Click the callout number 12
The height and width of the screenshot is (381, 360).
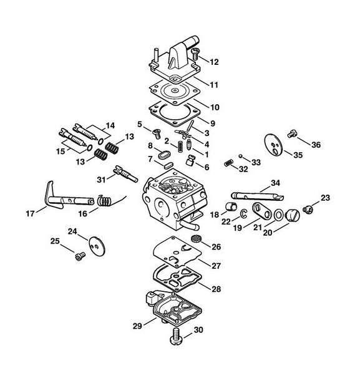(x=214, y=62)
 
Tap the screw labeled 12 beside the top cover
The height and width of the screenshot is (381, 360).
(x=195, y=54)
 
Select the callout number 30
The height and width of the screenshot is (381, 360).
(x=198, y=330)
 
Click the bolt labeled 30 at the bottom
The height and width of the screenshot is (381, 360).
(x=177, y=336)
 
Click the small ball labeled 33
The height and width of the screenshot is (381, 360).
(x=240, y=156)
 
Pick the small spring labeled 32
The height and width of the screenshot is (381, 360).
(x=229, y=163)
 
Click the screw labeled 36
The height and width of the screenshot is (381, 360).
(x=291, y=133)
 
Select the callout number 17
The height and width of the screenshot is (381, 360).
(x=30, y=214)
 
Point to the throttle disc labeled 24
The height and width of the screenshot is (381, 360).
(x=97, y=246)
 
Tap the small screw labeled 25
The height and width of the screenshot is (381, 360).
(x=80, y=256)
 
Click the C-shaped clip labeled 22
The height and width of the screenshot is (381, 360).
(x=243, y=213)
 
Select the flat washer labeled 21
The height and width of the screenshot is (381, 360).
(x=278, y=215)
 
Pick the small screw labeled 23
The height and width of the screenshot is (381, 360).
(x=308, y=210)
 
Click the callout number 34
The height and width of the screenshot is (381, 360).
(x=275, y=183)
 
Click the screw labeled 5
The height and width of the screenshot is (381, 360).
(x=157, y=133)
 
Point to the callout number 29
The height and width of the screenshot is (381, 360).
(x=137, y=326)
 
